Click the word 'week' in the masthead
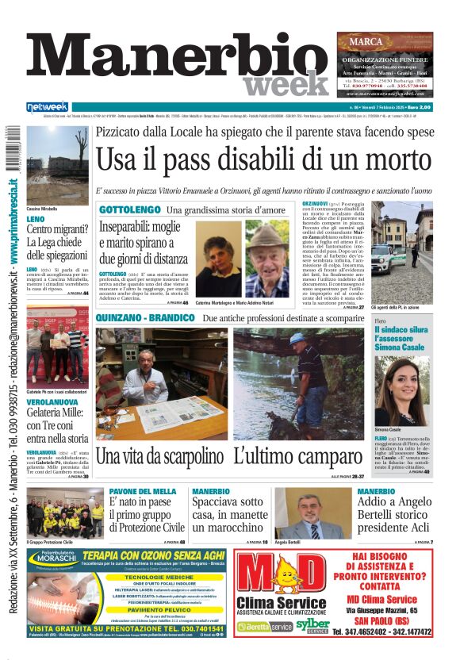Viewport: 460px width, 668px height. click(285, 83)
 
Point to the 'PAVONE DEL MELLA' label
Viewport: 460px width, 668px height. click(142, 492)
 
